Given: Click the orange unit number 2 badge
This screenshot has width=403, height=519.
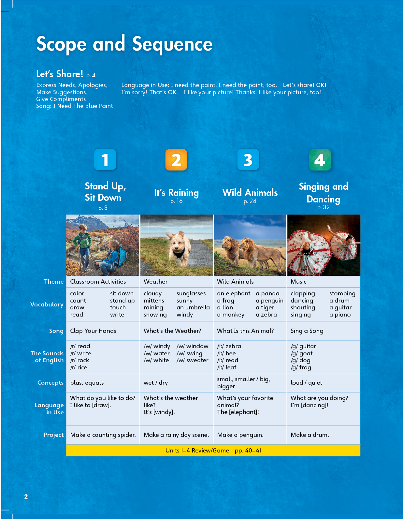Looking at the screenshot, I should pos(176,160).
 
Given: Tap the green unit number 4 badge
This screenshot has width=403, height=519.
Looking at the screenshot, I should pos(320,160).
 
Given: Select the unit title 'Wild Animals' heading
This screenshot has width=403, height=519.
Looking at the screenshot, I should pos(250,192).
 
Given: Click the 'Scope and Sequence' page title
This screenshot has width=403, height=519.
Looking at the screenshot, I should pos(124,44).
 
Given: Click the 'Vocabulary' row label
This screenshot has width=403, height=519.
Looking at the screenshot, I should pos(47,304).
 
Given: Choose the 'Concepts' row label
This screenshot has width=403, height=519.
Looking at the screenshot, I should pos(50,382).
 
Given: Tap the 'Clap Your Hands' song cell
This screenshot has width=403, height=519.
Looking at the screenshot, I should pos(93,331).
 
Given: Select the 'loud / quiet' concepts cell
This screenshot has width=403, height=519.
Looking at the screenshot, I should pos(306,382).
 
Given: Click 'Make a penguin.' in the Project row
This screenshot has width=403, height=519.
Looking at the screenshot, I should pos(240,435).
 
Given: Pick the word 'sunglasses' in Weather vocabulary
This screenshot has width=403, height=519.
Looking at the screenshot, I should pos(191,293).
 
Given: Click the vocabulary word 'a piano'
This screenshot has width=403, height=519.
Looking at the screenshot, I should pos(340,315).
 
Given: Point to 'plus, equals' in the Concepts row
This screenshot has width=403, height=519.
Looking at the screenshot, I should pos(87,382).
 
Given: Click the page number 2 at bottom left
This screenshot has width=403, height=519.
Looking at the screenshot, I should pos(26,496).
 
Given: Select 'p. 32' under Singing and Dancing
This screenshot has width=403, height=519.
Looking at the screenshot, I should pos(323,207).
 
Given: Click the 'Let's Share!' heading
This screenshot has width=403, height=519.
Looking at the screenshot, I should pos(60,74).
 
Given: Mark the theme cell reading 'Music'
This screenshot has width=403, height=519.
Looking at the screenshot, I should pos(298,281).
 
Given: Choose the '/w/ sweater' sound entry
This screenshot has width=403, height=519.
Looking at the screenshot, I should pos(193,360).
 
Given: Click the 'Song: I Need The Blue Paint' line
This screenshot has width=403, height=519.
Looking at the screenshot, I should pos(75,106).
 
